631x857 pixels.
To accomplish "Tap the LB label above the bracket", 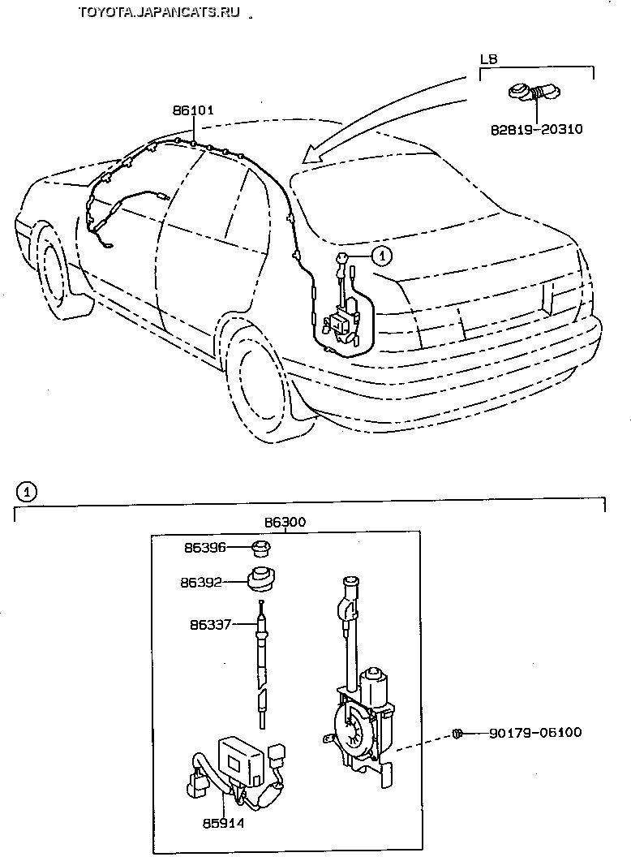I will click(x=488, y=59).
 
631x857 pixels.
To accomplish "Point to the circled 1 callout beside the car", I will click(x=381, y=255).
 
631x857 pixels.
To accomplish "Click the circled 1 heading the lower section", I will click(x=27, y=491).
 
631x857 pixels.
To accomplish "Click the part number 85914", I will click(x=224, y=823).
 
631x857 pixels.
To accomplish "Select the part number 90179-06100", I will click(x=535, y=733).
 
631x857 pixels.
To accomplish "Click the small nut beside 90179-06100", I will click(x=457, y=734).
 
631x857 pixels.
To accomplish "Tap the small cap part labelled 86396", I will click(x=261, y=548).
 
